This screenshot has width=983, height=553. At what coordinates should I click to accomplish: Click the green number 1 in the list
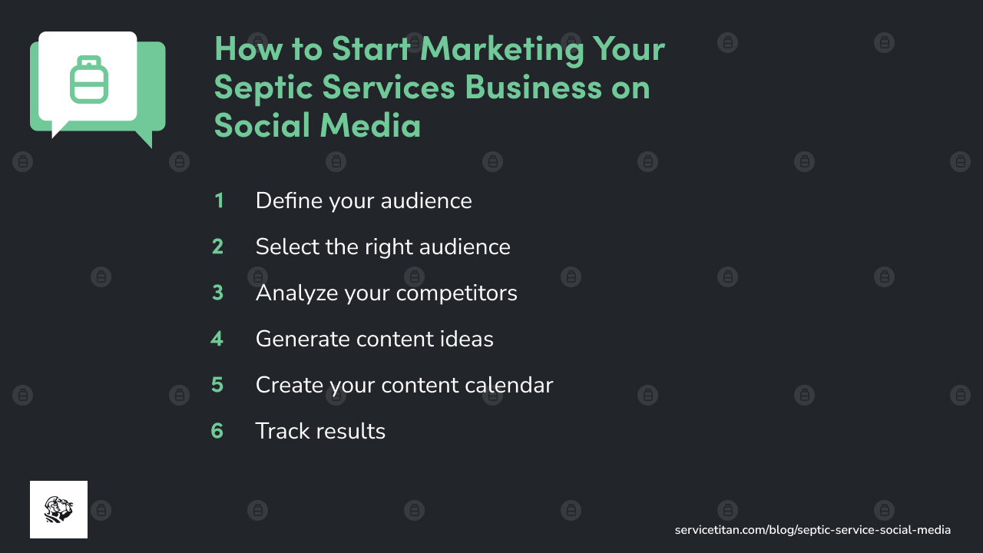pos(219,201)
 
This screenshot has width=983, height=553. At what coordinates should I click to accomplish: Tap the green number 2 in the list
pos(218,247)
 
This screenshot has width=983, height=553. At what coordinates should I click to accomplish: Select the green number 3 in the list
pos(218,293)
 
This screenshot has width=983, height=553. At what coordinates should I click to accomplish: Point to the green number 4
pos(217,339)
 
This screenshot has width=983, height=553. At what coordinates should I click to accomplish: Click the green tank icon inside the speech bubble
pos(88,79)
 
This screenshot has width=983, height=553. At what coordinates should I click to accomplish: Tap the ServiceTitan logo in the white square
pos(58,509)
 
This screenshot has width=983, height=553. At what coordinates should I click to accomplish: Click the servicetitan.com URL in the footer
pos(813,530)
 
